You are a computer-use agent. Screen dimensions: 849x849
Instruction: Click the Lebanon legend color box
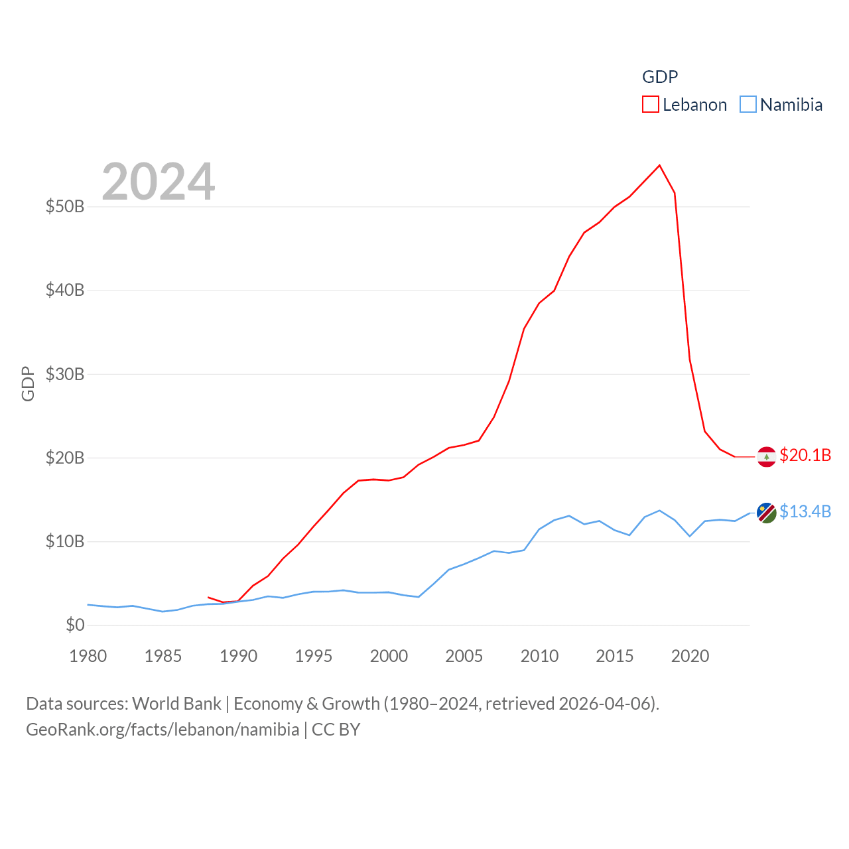click(x=651, y=105)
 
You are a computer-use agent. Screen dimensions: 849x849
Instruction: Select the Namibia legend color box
click(x=748, y=105)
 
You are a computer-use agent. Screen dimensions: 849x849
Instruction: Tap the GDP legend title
click(x=660, y=77)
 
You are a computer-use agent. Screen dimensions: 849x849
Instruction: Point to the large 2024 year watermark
click(x=158, y=181)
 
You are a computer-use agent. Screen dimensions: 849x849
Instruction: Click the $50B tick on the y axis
click(x=65, y=206)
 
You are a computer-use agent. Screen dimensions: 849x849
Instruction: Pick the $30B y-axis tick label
click(x=65, y=374)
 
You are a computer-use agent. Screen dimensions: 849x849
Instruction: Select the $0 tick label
click(x=75, y=625)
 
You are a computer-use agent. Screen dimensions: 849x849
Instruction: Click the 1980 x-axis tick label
click(x=88, y=656)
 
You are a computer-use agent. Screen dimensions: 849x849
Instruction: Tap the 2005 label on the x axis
click(x=464, y=656)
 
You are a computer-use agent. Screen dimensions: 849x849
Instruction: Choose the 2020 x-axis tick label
click(x=690, y=656)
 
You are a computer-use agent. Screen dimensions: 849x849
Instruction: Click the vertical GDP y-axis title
click(x=28, y=383)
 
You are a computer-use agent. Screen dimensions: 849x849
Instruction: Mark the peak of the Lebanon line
click(x=659, y=165)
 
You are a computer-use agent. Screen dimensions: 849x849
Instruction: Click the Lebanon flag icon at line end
click(x=767, y=457)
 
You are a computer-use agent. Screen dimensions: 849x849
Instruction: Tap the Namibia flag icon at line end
click(x=767, y=513)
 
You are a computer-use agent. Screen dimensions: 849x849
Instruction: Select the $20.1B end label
click(x=805, y=455)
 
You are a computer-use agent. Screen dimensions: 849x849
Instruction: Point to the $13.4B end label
click(x=805, y=511)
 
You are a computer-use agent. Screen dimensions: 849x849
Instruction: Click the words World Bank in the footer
click(x=176, y=703)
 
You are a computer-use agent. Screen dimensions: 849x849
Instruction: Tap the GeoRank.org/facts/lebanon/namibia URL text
click(x=163, y=730)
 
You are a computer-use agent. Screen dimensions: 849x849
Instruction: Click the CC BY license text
click(x=336, y=730)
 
